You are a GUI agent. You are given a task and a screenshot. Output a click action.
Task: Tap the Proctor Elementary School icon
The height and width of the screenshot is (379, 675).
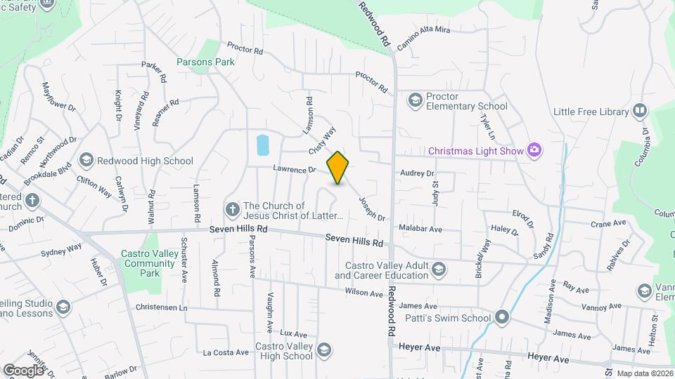415,101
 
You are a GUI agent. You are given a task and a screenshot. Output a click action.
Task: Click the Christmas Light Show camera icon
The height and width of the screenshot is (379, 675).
534,149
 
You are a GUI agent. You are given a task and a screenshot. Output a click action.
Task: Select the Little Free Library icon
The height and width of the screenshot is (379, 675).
639,111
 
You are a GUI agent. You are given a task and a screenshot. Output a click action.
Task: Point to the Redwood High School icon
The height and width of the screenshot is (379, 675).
86,161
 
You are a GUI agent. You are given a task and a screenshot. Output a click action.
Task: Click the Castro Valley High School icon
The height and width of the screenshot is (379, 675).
323,350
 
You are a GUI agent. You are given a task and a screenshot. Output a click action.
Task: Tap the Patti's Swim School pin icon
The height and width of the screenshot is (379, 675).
501,318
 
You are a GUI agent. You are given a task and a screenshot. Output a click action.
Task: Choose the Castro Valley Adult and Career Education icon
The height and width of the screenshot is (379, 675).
439,270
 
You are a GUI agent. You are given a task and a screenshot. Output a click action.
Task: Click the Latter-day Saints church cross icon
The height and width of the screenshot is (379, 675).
233,209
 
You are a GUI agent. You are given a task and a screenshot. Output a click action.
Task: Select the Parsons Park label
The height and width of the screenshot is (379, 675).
205,62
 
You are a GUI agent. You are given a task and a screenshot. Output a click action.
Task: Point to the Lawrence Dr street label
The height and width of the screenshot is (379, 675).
295,170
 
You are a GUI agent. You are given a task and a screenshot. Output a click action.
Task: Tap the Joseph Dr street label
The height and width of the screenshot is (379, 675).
372,208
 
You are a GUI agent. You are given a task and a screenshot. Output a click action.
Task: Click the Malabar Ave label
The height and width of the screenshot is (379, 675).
420,230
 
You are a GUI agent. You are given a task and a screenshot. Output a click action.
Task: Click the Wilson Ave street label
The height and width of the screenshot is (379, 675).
363,293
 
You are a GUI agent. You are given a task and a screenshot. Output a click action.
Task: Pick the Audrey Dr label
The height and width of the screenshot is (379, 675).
417,173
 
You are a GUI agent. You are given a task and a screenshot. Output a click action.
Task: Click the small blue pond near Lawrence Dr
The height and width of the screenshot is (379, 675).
263,145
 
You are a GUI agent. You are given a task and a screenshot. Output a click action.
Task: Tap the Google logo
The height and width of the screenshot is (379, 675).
23,370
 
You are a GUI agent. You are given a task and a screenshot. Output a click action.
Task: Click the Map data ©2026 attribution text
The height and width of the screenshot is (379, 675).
644,373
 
